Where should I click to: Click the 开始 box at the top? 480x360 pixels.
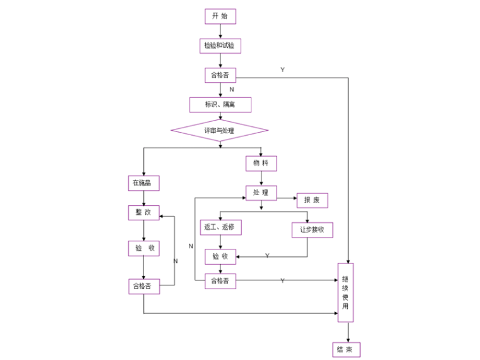[220, 16]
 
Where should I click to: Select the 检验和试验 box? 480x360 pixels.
[220, 45]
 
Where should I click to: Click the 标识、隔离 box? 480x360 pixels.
[220, 104]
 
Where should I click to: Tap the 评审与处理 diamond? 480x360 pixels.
[219, 130]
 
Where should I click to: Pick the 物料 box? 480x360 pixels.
[261, 164]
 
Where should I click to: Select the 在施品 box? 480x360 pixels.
[143, 183]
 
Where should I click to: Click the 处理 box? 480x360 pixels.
[261, 193]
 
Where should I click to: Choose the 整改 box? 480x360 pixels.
[143, 213]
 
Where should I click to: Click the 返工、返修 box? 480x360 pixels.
[220, 227]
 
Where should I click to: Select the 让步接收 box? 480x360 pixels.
[312, 230]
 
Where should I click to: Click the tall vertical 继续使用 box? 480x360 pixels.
[345, 292]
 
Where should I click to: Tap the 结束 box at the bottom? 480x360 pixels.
[345, 349]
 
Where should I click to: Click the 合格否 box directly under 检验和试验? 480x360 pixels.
[220, 75]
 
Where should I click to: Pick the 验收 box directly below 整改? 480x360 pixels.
[143, 248]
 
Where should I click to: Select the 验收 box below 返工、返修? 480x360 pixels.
[220, 256]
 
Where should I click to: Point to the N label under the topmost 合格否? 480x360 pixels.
[231, 90]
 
